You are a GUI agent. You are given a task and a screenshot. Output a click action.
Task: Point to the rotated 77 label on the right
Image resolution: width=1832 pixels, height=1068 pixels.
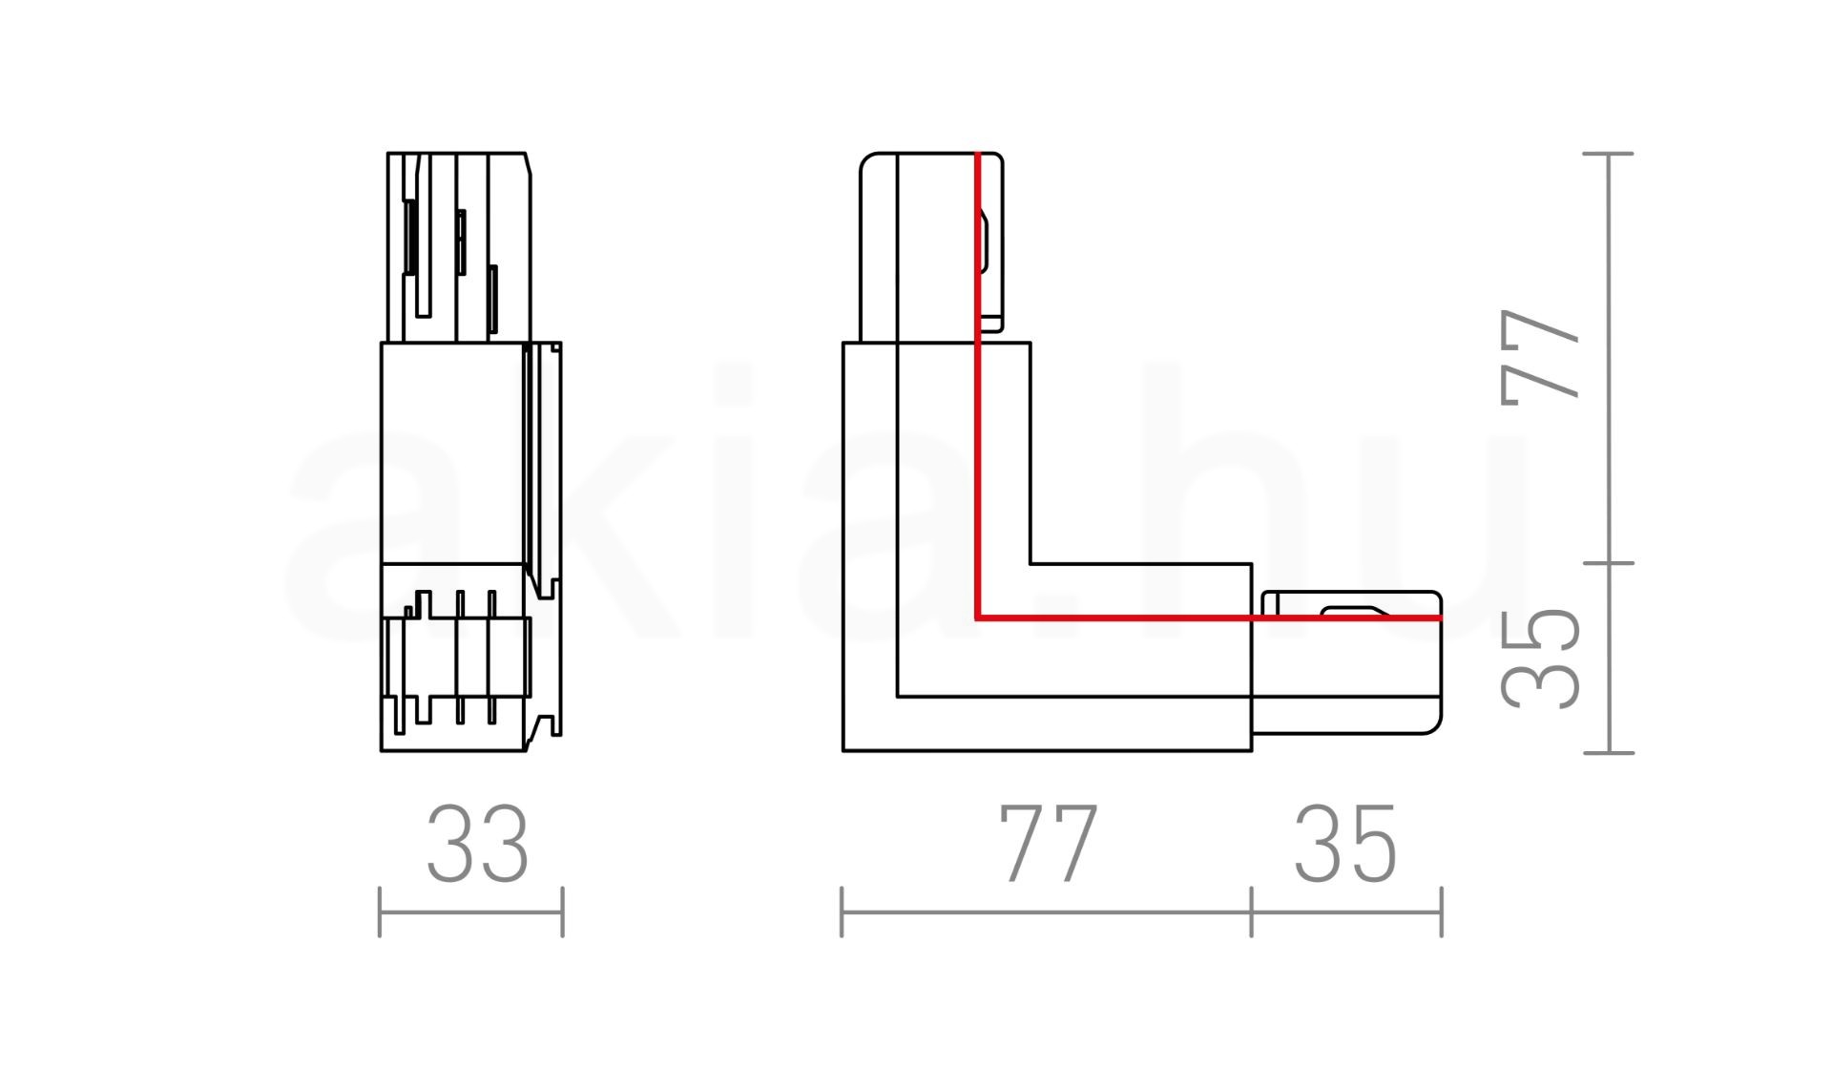pos(1539,353)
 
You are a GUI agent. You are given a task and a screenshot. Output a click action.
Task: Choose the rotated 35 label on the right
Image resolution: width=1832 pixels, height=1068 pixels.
pos(1539,658)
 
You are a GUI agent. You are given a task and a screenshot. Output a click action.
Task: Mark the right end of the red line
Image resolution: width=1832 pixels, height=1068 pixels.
pos(1441,618)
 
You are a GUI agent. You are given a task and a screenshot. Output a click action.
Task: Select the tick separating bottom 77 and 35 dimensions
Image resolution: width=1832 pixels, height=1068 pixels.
pos(1252,911)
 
